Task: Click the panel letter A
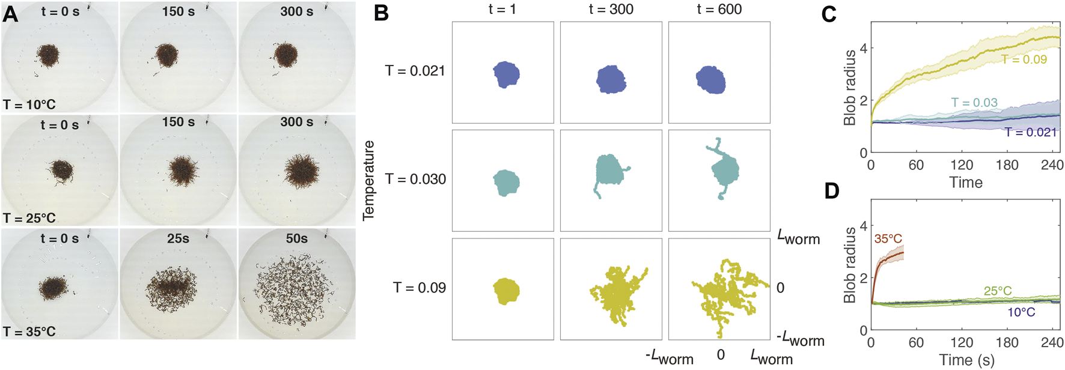click(x=10, y=13)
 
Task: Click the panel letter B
click(x=382, y=13)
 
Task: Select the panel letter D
click(x=832, y=191)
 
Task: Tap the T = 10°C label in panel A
click(x=29, y=105)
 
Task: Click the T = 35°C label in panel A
click(x=29, y=332)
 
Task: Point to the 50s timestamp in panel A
click(x=296, y=238)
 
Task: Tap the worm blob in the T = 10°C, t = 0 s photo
click(x=47, y=56)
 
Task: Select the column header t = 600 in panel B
click(x=719, y=10)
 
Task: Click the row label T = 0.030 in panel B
click(x=415, y=179)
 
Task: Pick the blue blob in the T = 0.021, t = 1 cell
click(x=506, y=74)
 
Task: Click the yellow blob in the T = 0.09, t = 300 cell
click(x=615, y=294)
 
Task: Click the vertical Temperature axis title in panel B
click(x=368, y=180)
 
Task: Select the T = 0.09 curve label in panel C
click(x=1024, y=59)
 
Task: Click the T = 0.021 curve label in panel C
click(x=1030, y=132)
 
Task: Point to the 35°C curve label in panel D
click(x=888, y=238)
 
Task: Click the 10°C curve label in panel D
click(x=1021, y=312)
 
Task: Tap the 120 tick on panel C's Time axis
click(x=962, y=165)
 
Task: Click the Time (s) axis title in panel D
click(x=966, y=360)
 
